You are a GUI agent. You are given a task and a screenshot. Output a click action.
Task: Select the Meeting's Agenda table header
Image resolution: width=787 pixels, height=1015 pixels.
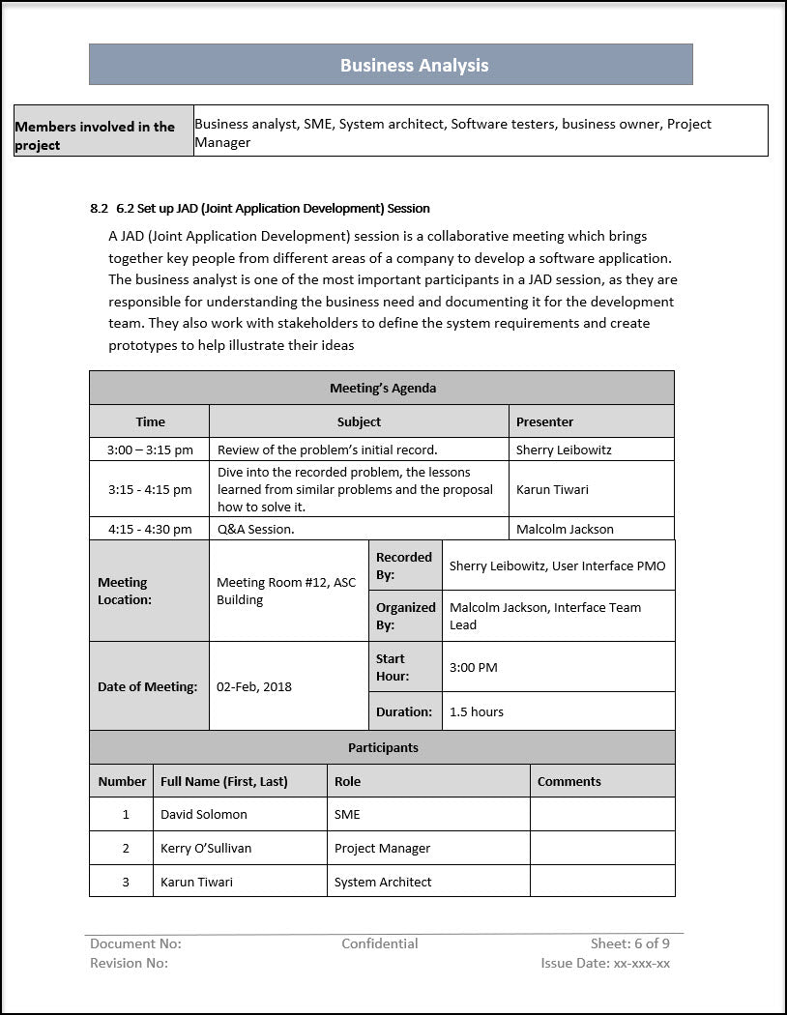382,388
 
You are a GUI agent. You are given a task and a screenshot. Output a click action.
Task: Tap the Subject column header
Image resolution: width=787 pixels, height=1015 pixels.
359,421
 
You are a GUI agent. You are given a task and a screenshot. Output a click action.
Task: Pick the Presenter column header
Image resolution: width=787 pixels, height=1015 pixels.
544,421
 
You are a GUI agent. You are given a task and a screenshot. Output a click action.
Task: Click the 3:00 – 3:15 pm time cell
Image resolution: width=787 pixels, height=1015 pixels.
150,449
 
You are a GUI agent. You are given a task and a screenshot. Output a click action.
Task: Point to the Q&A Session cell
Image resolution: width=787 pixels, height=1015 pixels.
256,529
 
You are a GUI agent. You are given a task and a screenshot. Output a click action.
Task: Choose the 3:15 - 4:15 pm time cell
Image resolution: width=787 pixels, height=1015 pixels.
150,489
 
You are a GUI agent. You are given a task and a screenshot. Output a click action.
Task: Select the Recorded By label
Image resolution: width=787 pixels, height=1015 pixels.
404,565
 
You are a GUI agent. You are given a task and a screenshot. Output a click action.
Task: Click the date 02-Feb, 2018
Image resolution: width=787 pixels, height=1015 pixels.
254,686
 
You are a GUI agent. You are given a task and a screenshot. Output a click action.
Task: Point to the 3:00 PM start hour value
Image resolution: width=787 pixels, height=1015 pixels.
474,667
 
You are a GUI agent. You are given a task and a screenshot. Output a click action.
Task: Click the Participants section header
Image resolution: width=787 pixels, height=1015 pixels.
383,747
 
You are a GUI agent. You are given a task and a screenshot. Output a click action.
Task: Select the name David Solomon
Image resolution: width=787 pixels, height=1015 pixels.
204,814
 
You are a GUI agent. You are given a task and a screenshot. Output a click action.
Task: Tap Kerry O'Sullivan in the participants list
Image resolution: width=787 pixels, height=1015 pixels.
206,848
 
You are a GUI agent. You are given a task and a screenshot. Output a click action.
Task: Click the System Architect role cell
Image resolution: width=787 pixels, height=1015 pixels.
383,882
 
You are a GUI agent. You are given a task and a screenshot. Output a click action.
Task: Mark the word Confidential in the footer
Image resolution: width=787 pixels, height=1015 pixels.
380,943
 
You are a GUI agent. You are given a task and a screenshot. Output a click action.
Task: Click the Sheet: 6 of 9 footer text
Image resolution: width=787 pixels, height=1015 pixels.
630,943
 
